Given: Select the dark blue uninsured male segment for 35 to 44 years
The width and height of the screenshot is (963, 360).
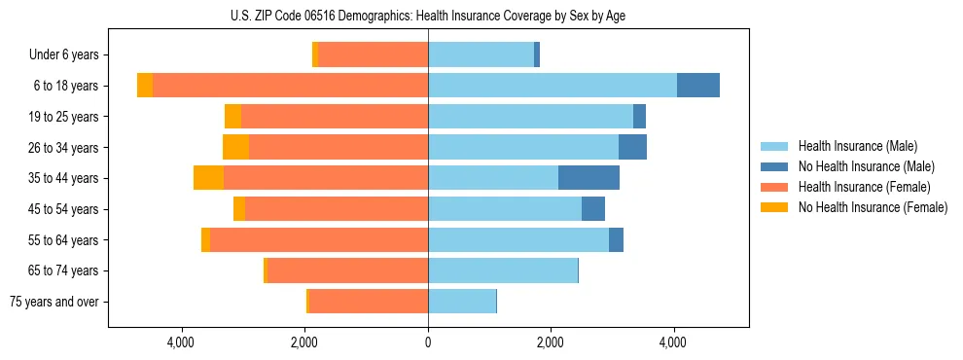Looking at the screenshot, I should (x=588, y=178).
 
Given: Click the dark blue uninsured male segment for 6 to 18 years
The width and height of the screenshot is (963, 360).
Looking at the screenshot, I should (x=698, y=86).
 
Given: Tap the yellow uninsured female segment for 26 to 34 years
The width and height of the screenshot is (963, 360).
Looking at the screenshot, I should (x=235, y=147).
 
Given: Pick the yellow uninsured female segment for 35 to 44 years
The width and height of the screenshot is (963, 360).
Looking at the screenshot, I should (x=208, y=178).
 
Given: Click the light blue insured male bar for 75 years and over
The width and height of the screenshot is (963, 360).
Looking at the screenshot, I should (x=462, y=302).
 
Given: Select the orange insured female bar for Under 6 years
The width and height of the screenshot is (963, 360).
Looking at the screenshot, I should (x=373, y=54).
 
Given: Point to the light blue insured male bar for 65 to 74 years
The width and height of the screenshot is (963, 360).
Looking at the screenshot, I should (x=503, y=270).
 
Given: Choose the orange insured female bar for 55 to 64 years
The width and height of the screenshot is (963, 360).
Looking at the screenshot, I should (x=319, y=239).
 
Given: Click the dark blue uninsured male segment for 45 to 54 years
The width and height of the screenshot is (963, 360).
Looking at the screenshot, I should (x=593, y=208).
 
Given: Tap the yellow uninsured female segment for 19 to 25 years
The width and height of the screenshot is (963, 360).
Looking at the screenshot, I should (x=232, y=117).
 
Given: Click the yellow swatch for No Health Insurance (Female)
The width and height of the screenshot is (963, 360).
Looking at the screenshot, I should (x=775, y=207).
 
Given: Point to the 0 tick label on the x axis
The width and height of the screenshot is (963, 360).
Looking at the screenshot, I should (x=428, y=342).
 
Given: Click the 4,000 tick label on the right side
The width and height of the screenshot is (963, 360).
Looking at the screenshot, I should (x=673, y=342).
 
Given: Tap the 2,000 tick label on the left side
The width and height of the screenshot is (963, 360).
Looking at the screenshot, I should (x=304, y=342).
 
